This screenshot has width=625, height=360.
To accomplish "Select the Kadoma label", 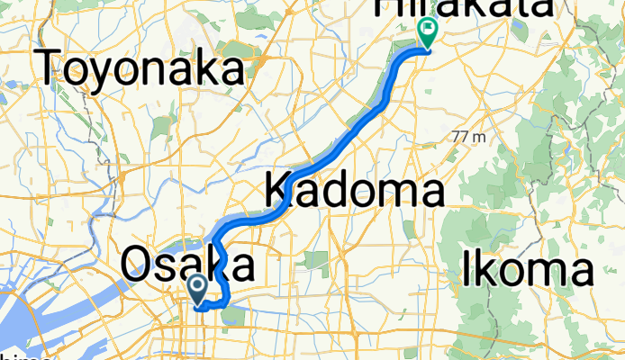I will [x=354, y=191].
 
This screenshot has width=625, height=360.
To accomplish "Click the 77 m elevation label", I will [x=469, y=137].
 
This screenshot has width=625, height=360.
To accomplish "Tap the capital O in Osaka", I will [x=135, y=265].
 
